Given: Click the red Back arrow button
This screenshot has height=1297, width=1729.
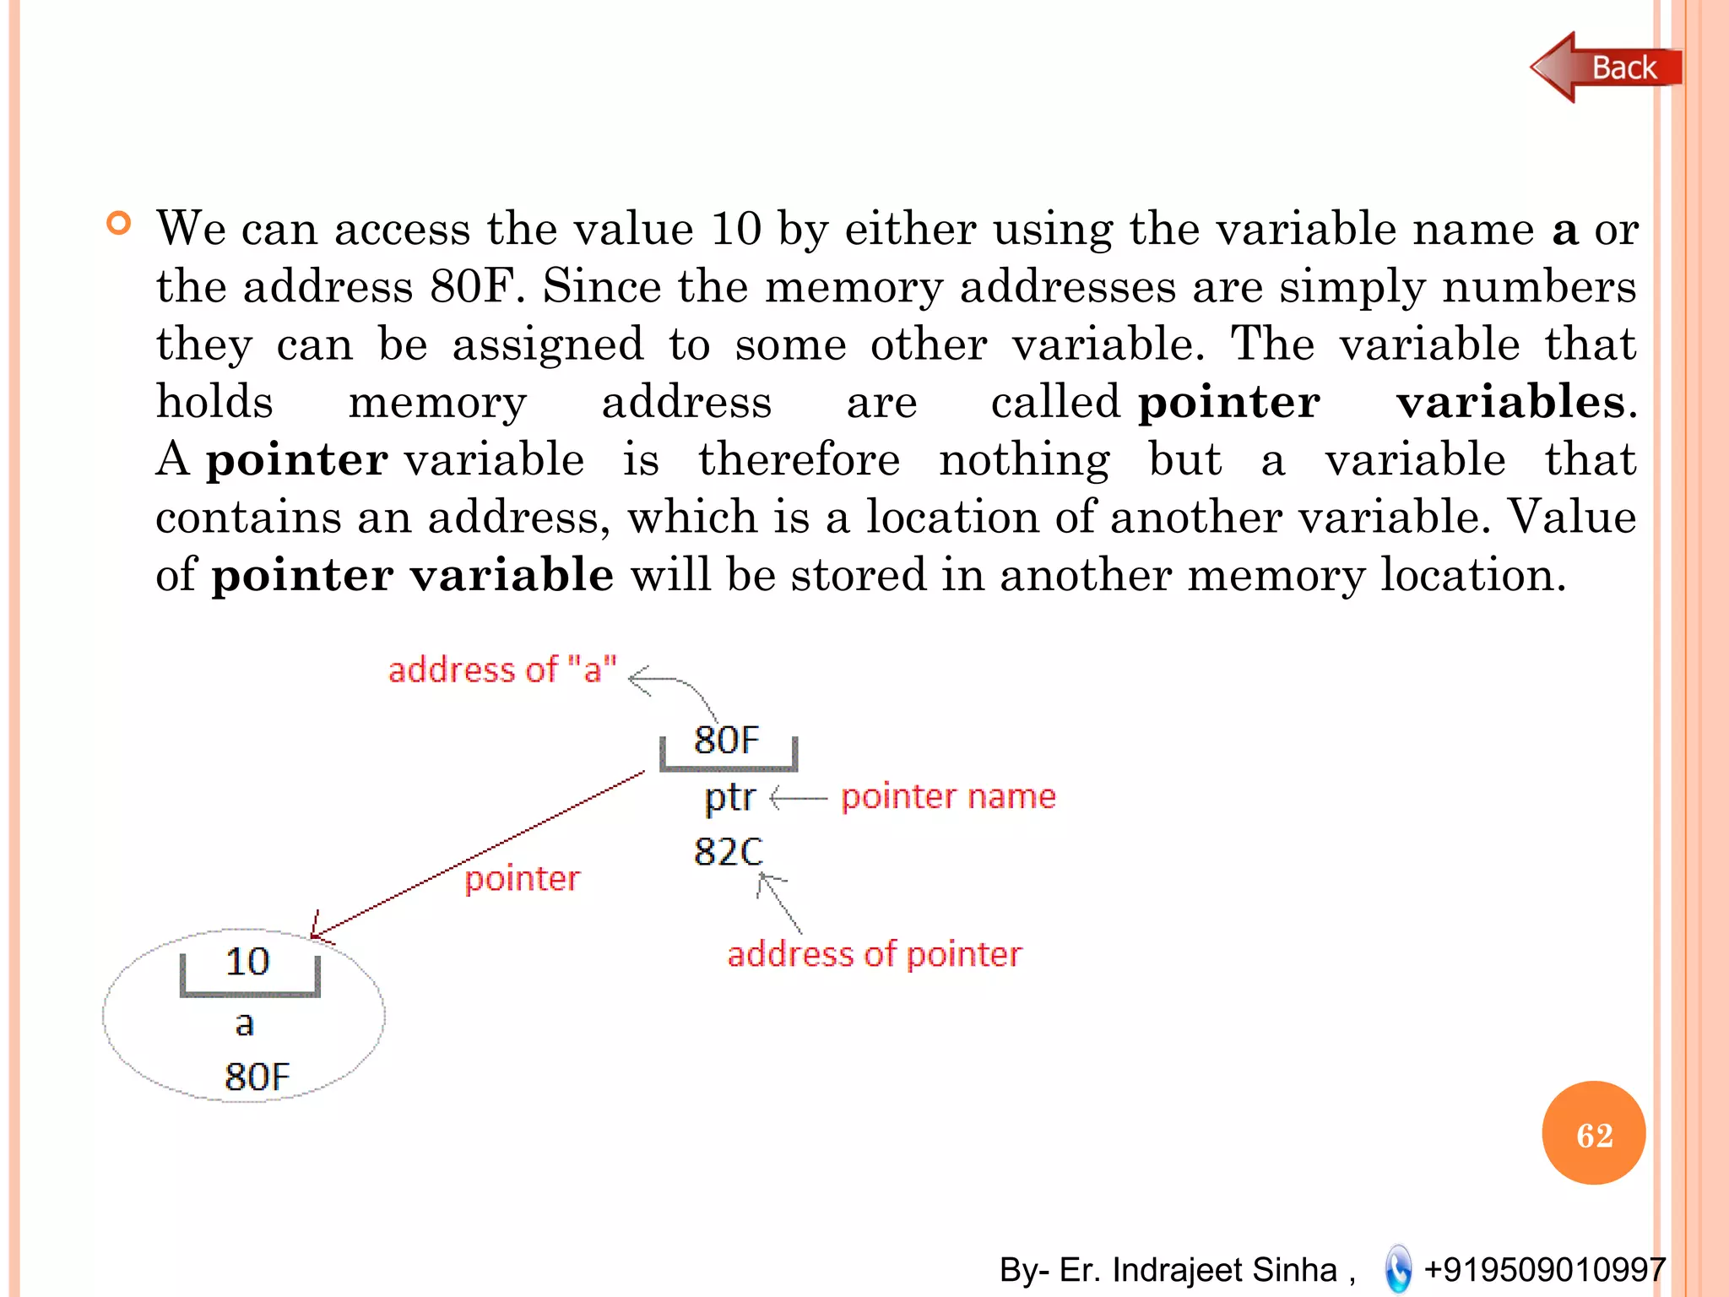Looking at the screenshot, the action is (1604, 68).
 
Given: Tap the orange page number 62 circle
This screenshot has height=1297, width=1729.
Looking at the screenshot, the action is (1593, 1133).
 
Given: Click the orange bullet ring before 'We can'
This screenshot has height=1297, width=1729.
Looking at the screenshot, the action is (119, 224).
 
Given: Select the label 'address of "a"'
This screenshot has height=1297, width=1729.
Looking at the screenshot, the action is (502, 670).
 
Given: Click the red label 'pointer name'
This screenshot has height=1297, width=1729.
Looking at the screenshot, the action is (948, 796).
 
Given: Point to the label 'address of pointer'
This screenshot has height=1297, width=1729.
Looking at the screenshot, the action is (874, 954).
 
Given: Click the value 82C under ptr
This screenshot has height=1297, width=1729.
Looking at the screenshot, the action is (728, 851).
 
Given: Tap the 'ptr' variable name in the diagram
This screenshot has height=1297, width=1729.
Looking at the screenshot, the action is (729, 797).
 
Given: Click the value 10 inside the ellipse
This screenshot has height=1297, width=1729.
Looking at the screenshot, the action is (247, 962).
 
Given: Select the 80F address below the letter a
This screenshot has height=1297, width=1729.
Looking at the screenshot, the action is (257, 1077).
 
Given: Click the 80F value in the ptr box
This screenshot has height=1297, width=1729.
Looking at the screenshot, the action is (726, 740).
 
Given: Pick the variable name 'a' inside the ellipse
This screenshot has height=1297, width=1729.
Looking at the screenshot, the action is (244, 1023).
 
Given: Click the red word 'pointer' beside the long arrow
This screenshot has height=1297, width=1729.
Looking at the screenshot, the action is (522, 879).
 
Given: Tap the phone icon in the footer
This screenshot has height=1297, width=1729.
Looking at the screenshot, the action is (1398, 1268).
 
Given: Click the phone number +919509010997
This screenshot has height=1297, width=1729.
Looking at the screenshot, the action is (1544, 1269).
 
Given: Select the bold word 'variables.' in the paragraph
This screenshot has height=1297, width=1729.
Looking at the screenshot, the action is (1516, 402).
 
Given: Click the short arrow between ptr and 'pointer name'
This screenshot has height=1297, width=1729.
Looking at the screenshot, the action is (798, 797).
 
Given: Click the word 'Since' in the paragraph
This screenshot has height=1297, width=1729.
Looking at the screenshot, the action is (601, 286).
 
